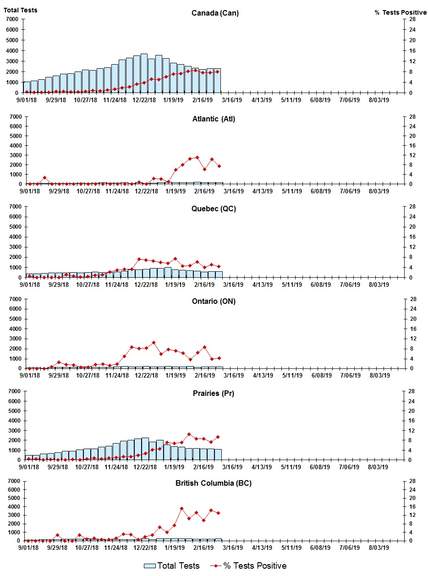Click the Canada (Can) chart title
coord(215,13)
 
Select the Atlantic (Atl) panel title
coord(214,119)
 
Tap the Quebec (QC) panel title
coord(214,209)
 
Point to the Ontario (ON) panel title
coord(214,301)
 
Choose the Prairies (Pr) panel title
coord(214,393)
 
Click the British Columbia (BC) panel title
coord(214,483)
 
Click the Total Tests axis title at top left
coord(21,10)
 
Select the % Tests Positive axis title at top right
coord(401,12)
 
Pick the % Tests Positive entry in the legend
coord(251,566)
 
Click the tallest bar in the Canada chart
coord(144,73)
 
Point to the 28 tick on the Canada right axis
coord(412,19)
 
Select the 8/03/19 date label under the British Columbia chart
coord(379,548)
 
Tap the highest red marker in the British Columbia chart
coord(181,508)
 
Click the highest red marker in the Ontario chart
coord(154,342)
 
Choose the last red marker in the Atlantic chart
coord(219,166)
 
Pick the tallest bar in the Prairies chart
coord(145,449)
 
